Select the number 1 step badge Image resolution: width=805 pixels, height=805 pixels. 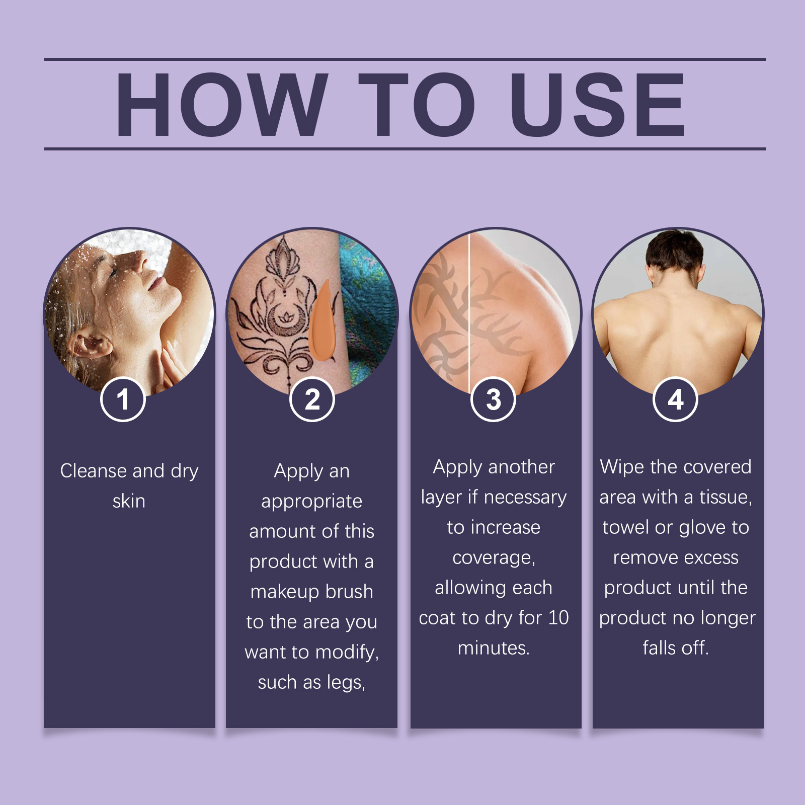123,399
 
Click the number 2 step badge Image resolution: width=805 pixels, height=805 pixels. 312,399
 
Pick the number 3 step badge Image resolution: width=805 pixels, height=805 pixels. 494,399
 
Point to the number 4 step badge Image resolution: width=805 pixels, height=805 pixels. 675,399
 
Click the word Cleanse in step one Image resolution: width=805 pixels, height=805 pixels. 94,471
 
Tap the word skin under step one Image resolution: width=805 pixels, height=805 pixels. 129,501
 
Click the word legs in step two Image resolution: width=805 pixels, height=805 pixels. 344,683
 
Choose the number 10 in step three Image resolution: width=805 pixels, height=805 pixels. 558,617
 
